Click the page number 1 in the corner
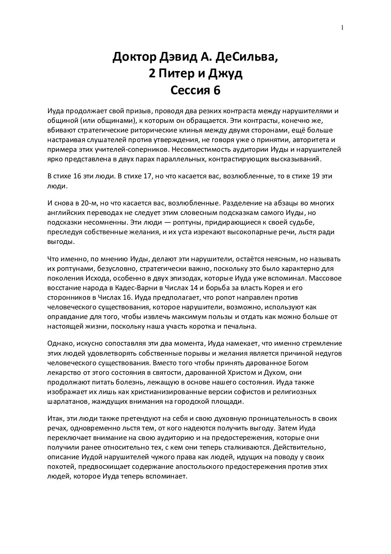[343, 27]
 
